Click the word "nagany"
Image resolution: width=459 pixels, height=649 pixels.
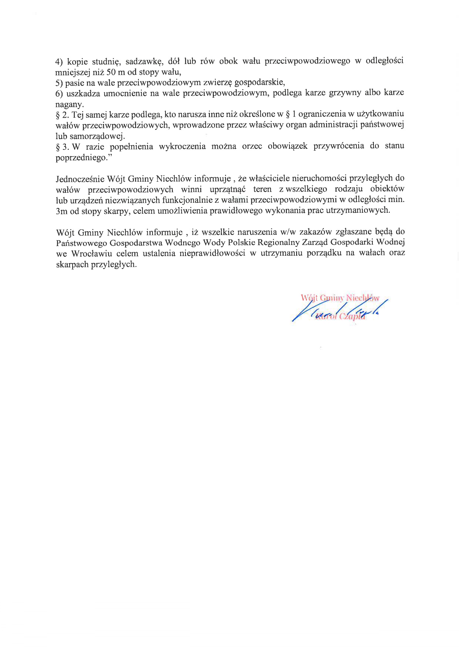[x=69, y=104]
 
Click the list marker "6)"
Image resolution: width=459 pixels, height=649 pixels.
[x=59, y=94]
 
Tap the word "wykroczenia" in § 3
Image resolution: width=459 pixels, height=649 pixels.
[x=182, y=147]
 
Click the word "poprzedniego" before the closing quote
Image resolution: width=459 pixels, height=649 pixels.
[x=81, y=158]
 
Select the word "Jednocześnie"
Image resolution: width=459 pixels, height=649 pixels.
[x=80, y=179]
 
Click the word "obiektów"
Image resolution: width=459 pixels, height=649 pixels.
[x=387, y=189]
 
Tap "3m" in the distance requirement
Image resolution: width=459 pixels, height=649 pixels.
[x=61, y=211]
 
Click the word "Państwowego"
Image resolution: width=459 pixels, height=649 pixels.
[x=80, y=243]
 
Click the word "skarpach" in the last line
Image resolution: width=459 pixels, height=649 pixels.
[x=72, y=265]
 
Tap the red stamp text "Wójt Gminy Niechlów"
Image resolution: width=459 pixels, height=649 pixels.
[x=340, y=298]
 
